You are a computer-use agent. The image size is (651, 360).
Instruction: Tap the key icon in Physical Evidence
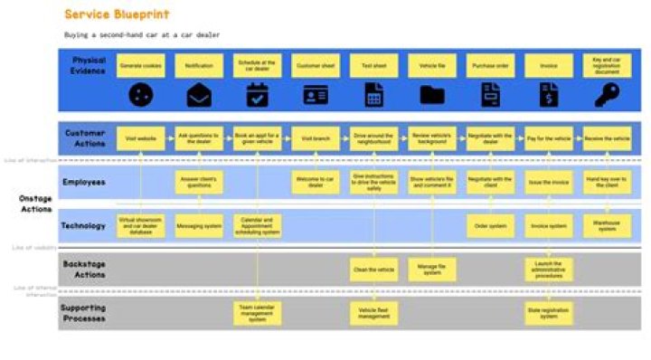click(606, 93)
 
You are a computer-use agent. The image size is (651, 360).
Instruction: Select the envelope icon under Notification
click(199, 94)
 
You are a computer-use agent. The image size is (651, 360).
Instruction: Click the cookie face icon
click(140, 94)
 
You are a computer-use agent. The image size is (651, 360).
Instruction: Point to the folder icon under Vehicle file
click(432, 94)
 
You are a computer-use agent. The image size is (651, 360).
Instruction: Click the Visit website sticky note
click(140, 139)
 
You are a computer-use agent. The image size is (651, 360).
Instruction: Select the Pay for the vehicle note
click(548, 139)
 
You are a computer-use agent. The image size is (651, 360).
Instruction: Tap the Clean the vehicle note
click(373, 269)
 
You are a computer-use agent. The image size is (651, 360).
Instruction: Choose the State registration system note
click(548, 314)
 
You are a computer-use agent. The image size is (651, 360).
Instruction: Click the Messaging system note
click(199, 225)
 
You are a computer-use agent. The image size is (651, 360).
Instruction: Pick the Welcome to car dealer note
click(316, 183)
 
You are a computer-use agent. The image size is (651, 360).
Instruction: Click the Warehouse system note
click(606, 225)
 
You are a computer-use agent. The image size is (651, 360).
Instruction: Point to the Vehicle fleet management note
click(373, 314)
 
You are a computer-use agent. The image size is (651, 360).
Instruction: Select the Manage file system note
click(432, 269)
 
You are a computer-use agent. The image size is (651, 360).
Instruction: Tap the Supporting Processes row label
click(84, 312)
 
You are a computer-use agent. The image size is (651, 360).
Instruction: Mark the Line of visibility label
click(30, 246)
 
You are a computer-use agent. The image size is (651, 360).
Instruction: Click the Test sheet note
click(373, 66)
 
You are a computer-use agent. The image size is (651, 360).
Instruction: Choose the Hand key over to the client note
click(606, 183)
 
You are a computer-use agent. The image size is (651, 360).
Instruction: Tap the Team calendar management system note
click(257, 314)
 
